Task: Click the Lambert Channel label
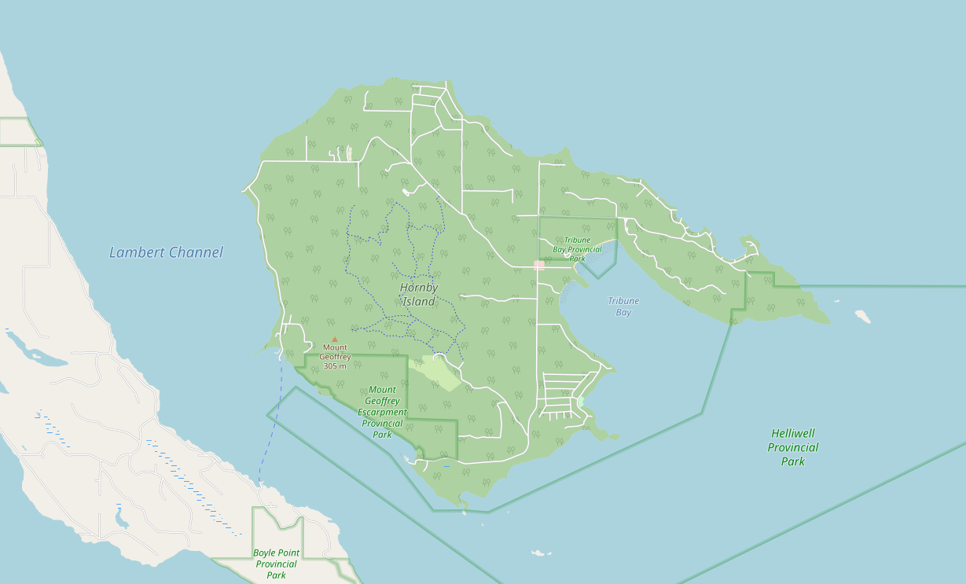(166, 252)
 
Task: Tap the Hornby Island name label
(419, 295)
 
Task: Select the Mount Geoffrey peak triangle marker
(335, 340)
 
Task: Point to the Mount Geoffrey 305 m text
(335, 357)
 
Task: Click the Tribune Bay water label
(623, 307)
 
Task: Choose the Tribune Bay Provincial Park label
(577, 249)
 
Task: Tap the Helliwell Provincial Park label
(793, 447)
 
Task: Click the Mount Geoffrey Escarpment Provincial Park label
(383, 412)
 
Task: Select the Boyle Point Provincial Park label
(276, 564)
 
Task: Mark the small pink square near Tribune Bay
(539, 266)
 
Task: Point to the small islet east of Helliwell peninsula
(863, 316)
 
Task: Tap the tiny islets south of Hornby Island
(539, 553)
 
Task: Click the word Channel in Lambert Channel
(196, 252)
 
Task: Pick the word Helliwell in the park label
(793, 433)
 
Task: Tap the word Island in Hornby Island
(419, 302)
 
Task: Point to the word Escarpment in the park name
(383, 412)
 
